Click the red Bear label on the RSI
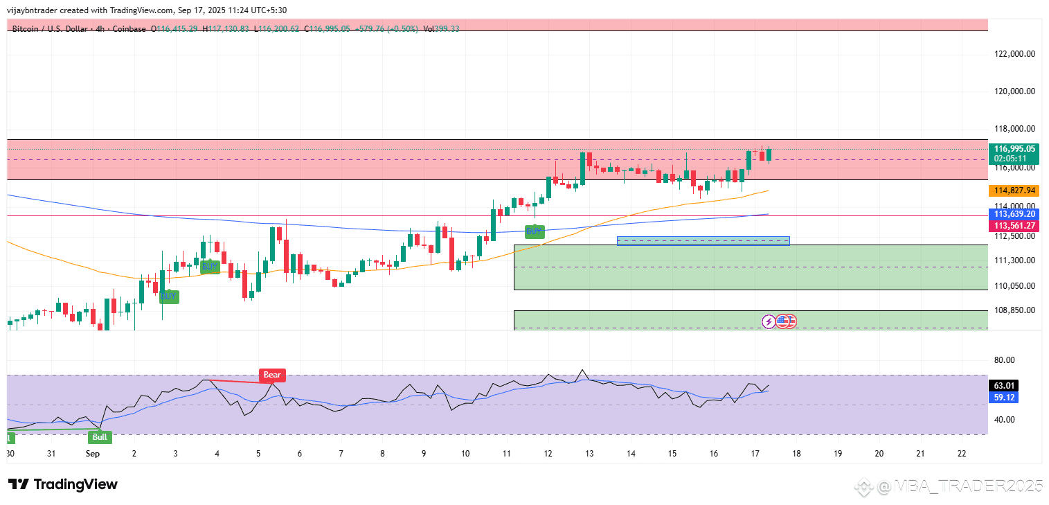pos(272,375)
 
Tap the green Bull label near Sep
pos(100,437)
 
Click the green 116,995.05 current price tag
pos(1014,149)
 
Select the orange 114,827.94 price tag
pos(1014,191)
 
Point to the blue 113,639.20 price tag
pos(1014,214)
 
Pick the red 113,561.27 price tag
pos(1014,226)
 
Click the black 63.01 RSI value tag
pos(1005,386)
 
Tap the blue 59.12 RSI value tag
pos(1005,398)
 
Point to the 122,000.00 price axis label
pos(1014,53)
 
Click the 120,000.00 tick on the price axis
pos(1014,91)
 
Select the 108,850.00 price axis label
pos(1014,310)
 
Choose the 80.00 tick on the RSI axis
pos(1005,360)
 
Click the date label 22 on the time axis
pos(961,454)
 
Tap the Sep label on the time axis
pos(93,454)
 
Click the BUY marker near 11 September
pos(533,231)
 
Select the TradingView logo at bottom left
pos(63,484)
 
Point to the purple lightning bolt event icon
pos(769,321)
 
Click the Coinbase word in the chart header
pos(131,29)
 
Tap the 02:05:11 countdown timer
pos(1014,159)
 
